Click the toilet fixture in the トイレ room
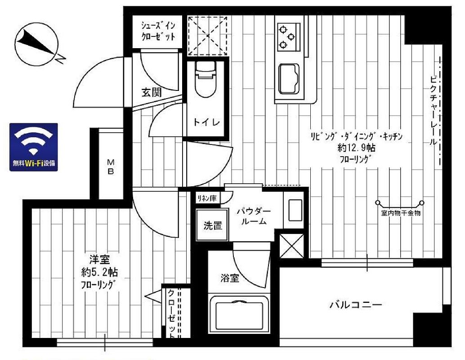click(205, 79)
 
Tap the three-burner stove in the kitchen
click(287, 36)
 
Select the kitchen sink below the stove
click(289, 79)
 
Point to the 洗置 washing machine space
click(213, 225)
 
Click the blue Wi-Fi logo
click(34, 147)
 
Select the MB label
click(111, 166)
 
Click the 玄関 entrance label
click(152, 93)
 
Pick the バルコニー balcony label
click(356, 305)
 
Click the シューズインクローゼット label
click(158, 31)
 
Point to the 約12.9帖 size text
click(356, 147)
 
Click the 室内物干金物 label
click(401, 213)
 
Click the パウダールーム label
click(254, 216)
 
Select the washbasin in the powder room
click(295, 210)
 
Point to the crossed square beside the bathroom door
click(291, 246)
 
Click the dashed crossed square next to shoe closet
click(208, 36)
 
